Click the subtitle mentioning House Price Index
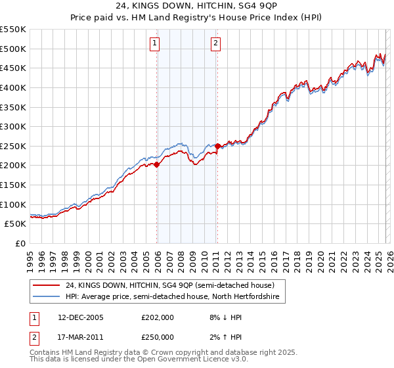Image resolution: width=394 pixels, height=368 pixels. [x=197, y=18]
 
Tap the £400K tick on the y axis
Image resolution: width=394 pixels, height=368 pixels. [x=13, y=87]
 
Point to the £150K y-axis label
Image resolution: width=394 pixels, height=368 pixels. [x=13, y=185]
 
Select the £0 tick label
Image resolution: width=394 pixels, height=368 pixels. [x=20, y=244]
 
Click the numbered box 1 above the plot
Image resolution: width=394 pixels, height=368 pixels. [x=154, y=44]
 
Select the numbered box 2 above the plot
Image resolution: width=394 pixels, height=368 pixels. [x=215, y=44]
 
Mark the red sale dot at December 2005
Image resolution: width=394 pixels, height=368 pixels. [x=157, y=165]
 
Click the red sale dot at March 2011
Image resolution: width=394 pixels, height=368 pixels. [x=217, y=146]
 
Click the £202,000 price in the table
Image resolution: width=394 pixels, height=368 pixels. [x=158, y=317]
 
